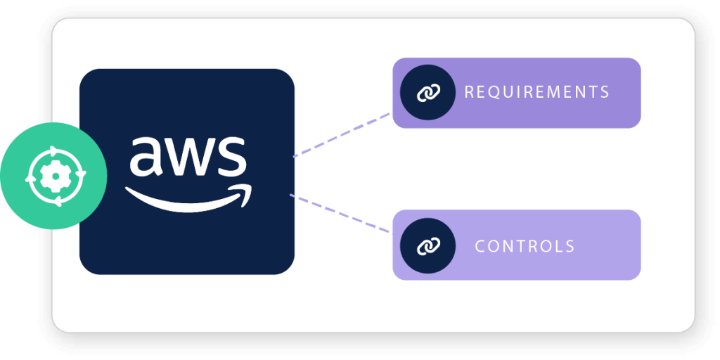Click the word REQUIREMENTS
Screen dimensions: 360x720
click(536, 92)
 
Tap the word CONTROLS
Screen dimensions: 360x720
click(525, 246)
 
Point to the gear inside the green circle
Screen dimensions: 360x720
click(54, 176)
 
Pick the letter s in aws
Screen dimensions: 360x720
click(231, 157)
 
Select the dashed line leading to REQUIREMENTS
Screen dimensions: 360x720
click(342, 134)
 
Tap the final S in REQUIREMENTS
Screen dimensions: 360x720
click(604, 92)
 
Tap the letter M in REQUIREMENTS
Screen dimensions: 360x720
click(546, 92)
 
